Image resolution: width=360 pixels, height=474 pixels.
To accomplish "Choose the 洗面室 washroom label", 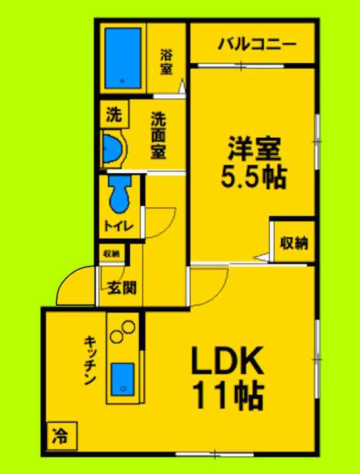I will tap(158, 135).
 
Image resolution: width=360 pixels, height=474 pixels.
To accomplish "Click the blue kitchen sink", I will tap(122, 379).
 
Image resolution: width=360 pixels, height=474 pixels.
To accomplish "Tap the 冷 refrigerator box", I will tap(61, 435).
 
